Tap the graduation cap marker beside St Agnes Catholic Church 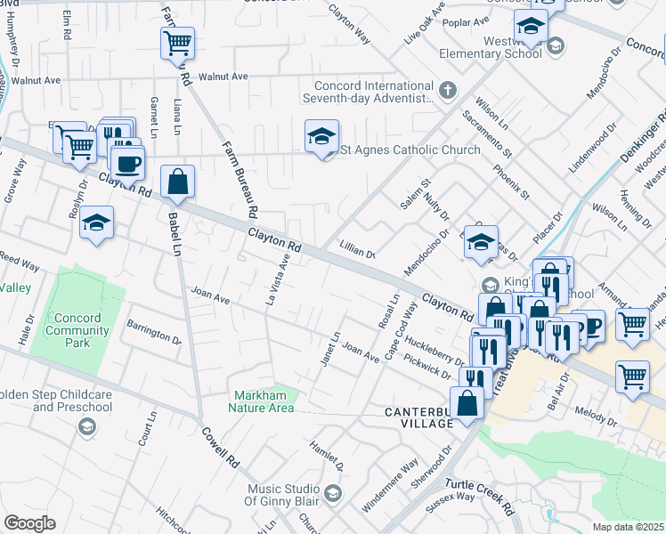tap(321, 136)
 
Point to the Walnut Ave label tap(223, 77)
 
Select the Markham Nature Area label tap(264, 401)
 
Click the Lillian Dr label tap(357, 248)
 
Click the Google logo tap(29, 522)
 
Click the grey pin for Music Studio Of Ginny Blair tap(332, 492)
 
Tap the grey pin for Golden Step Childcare tap(86, 427)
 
